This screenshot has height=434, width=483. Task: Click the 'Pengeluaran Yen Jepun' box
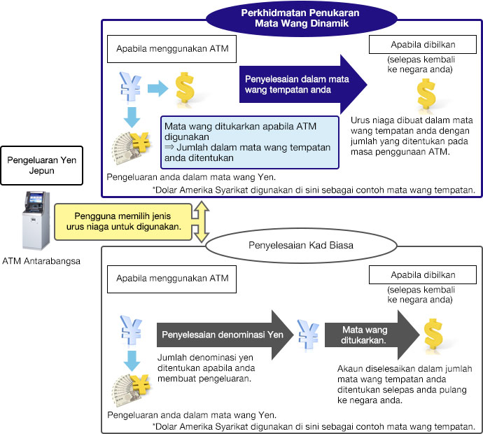41,166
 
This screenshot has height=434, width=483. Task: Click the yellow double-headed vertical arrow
202,221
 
